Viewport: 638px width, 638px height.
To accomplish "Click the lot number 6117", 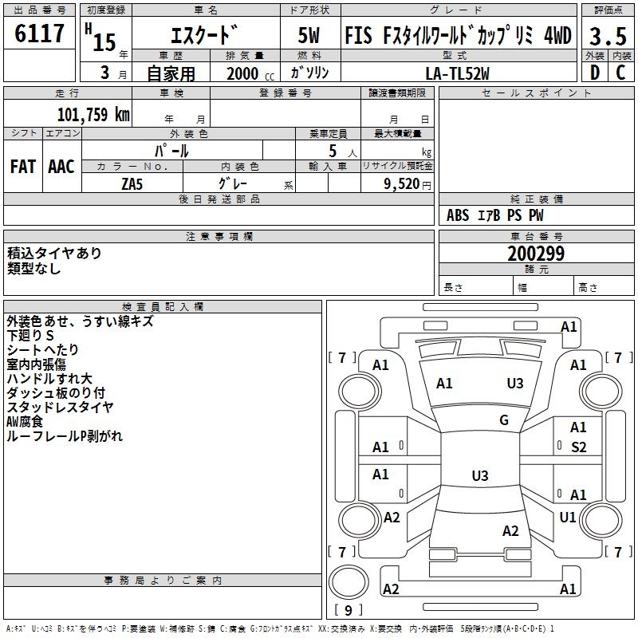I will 40,34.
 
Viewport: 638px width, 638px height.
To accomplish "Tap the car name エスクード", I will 205,36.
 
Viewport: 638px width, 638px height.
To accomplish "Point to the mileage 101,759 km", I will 94,114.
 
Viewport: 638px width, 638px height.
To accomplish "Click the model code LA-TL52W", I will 458,73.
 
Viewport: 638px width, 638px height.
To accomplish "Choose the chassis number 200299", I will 536,254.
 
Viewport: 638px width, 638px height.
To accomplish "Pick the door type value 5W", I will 309,36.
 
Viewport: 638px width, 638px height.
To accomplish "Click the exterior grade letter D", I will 594,72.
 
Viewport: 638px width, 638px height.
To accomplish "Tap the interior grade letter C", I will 620,72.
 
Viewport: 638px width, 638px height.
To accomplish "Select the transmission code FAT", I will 22,167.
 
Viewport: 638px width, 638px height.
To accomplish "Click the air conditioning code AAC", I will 61,167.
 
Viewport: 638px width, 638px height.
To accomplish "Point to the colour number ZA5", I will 132,183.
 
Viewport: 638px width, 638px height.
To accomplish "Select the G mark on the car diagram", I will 504,420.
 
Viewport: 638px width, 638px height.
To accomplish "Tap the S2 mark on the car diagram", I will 579,447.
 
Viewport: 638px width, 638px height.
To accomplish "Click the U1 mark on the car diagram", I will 568,518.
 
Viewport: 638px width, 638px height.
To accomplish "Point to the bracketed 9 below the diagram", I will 348,610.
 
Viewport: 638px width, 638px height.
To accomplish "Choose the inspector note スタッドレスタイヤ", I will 60,407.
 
